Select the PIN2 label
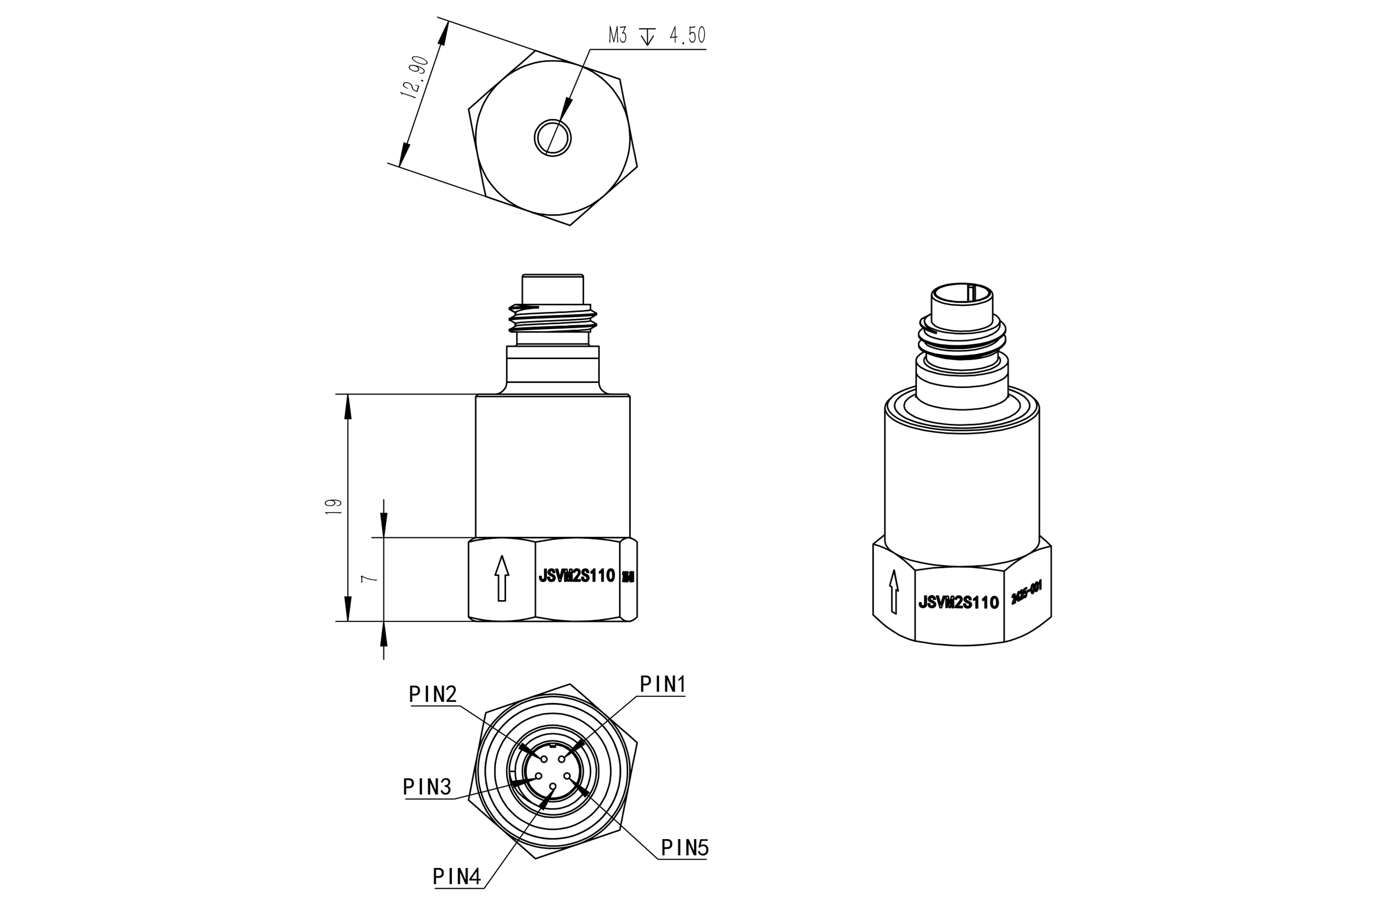433,694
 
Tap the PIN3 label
427,787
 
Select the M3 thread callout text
617,36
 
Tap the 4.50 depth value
688,36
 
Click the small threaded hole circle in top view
552,138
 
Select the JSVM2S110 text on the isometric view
958,603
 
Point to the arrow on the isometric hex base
893,592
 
